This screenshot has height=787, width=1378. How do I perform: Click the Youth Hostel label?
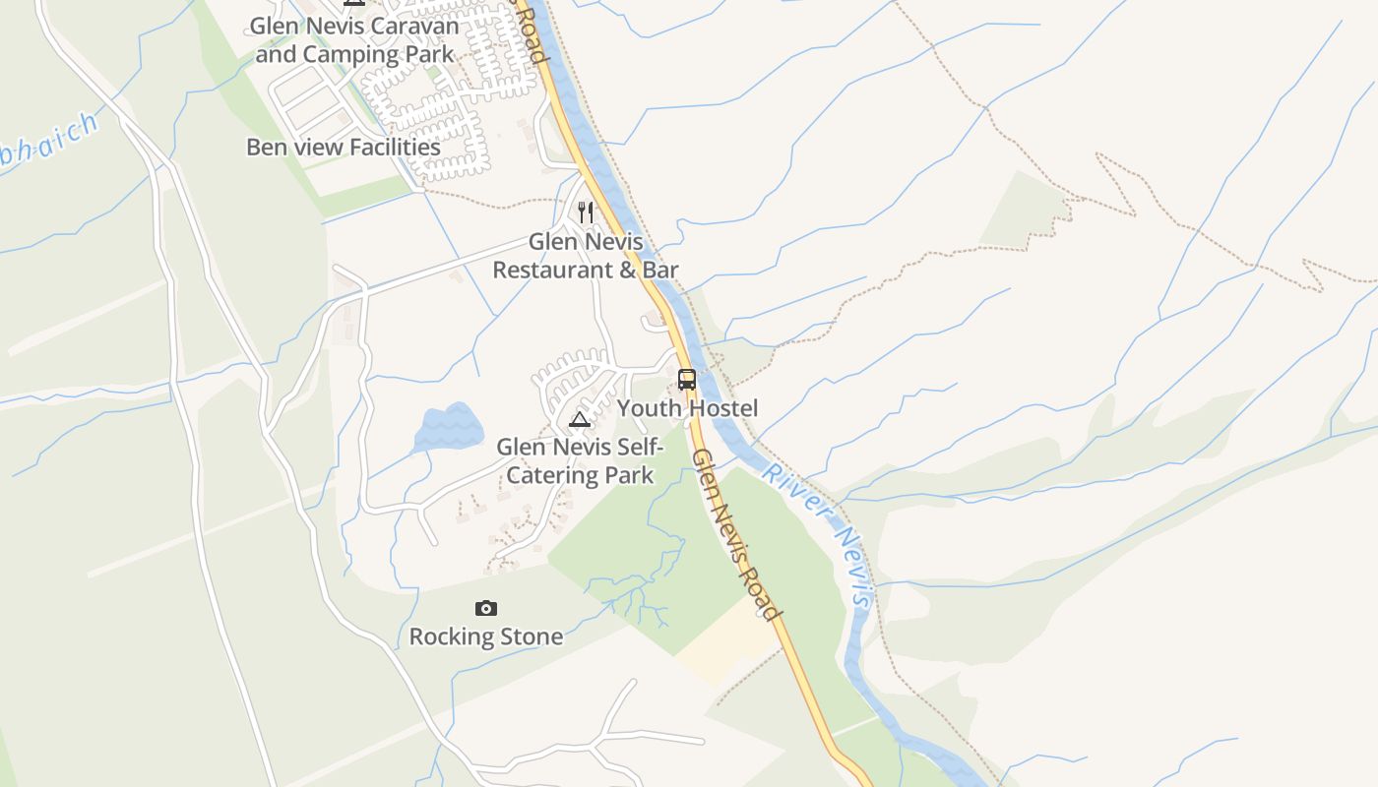[687, 407]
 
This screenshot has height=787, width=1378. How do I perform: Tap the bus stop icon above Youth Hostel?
[687, 380]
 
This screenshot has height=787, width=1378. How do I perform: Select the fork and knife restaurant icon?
[586, 212]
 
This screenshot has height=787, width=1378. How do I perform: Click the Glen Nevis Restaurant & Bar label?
[586, 255]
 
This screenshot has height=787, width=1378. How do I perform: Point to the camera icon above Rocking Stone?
[486, 609]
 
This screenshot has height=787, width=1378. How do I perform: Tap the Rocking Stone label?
[486, 636]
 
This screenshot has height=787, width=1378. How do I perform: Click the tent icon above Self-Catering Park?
[580, 421]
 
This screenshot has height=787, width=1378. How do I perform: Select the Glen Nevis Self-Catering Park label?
[580, 461]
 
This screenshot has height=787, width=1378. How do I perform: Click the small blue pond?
[450, 428]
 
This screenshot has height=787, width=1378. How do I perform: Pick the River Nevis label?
[818, 531]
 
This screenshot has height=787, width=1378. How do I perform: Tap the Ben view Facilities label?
[344, 148]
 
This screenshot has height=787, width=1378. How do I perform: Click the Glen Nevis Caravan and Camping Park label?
[354, 39]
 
